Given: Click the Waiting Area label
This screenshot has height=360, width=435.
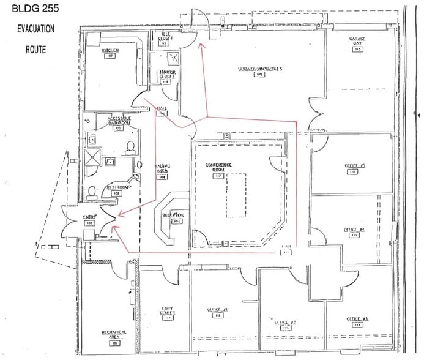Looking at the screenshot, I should (162, 171).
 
